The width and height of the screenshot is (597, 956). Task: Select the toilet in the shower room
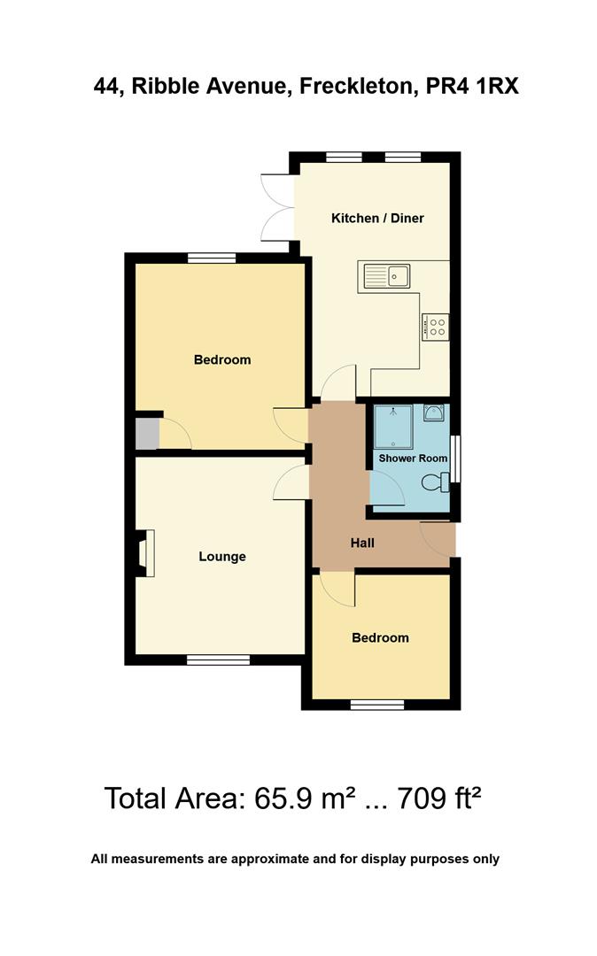[x=435, y=482]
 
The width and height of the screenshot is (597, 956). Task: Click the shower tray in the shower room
[x=392, y=427]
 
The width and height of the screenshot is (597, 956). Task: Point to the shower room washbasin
[x=434, y=413]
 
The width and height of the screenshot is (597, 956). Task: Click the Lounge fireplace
[x=144, y=552]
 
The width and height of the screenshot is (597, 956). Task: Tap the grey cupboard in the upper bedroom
[x=147, y=434]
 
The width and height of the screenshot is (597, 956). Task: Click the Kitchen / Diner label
[x=377, y=218]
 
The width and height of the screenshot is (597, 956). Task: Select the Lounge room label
[x=221, y=557]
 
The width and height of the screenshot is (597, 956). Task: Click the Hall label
[x=361, y=543]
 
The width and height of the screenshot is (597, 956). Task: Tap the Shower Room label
[x=413, y=458]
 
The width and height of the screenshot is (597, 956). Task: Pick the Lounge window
[x=218, y=659]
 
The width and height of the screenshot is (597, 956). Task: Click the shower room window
[x=455, y=459]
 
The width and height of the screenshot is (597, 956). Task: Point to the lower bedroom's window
[x=377, y=705]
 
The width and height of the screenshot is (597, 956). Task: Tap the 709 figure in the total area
[x=423, y=798]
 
